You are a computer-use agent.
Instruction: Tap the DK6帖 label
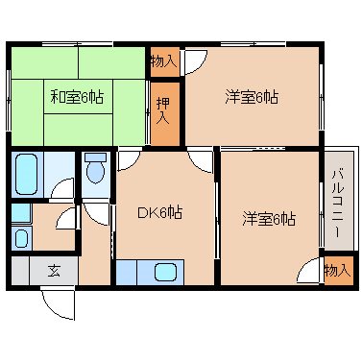pyautogui.click(x=160, y=213)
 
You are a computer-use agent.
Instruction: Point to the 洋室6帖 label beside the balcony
pyautogui.click(x=269, y=219)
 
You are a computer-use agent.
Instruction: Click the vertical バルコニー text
pyautogui.click(x=338, y=203)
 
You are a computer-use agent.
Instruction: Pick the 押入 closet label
pyautogui.click(x=163, y=109)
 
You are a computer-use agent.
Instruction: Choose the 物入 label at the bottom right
pyautogui.click(x=337, y=270)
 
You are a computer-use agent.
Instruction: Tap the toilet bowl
pyautogui.click(x=95, y=170)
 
